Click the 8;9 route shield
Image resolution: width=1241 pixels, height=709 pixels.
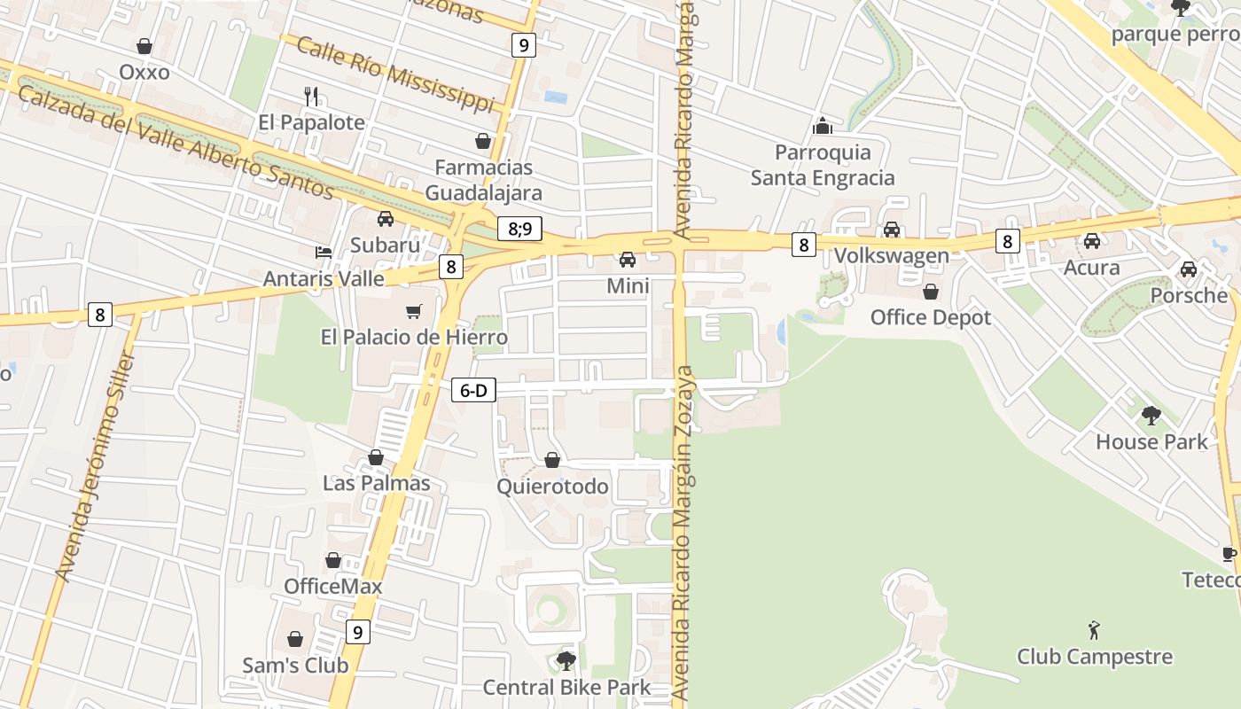pos(520,229)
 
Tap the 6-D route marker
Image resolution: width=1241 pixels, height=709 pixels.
pos(473,390)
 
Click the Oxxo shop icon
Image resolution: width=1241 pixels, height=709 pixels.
pos(144,46)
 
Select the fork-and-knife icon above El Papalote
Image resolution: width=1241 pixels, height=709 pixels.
pos(311,96)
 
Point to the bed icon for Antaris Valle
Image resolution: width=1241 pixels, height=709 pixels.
pos(324,253)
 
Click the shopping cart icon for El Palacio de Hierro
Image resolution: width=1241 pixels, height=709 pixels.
pos(413,311)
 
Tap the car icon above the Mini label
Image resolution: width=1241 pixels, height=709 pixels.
pos(628,260)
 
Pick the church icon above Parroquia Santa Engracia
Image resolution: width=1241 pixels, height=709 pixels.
pos(823,126)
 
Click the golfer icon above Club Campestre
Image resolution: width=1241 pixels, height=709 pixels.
pos(1094,631)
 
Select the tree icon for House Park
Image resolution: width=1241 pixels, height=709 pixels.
pos(1151,415)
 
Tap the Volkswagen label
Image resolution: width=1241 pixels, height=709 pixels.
pos(891,256)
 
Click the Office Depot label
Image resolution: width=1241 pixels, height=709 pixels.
pos(930,317)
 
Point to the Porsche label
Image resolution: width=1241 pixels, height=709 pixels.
pos(1188,295)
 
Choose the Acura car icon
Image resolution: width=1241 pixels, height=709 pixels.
pos(1091,241)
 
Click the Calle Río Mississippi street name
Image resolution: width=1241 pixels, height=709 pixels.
pos(394,74)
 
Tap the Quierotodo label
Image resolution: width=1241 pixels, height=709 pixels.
pos(552,487)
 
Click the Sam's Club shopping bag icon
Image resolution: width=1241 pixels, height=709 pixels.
pos(295,639)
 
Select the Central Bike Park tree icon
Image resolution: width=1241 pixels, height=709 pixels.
pos(566,660)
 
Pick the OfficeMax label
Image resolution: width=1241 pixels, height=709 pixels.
pos(332,587)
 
